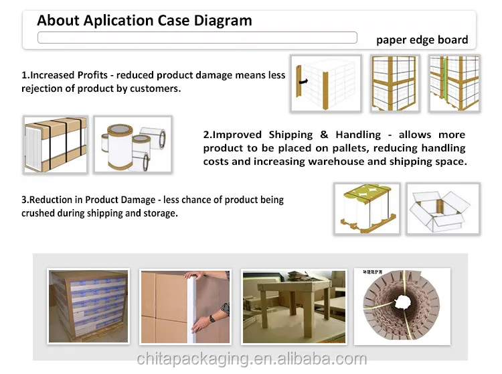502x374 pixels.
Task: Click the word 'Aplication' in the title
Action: [117, 20]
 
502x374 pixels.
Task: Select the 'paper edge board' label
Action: [422, 40]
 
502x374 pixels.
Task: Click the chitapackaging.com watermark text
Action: [252, 359]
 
